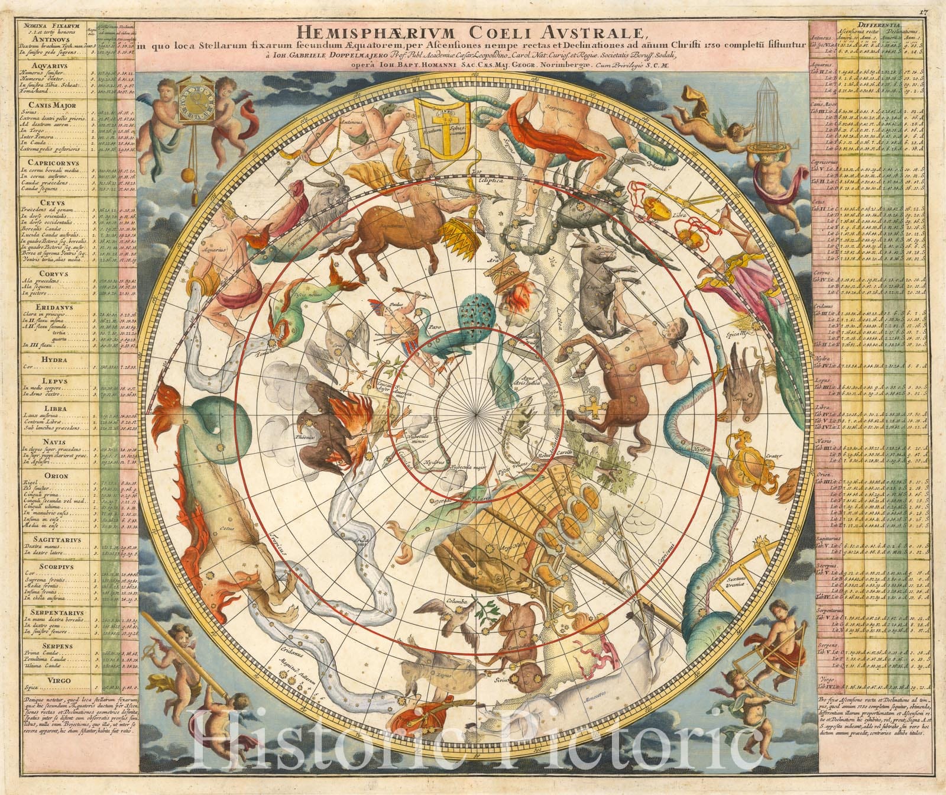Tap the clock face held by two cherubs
pyautogui.click(x=193, y=105)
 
